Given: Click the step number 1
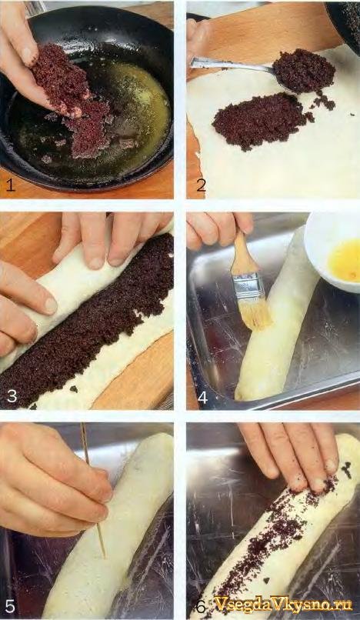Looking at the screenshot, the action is (10, 185).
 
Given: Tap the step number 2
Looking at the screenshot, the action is (201, 185).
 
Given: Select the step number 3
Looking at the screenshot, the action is (12, 396).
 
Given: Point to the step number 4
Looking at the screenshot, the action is (202, 397).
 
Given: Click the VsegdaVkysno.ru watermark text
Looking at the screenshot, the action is (283, 604).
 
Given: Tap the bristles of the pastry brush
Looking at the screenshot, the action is (256, 317).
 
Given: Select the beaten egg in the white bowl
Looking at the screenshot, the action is (344, 260).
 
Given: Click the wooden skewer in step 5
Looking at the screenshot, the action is (94, 490).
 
